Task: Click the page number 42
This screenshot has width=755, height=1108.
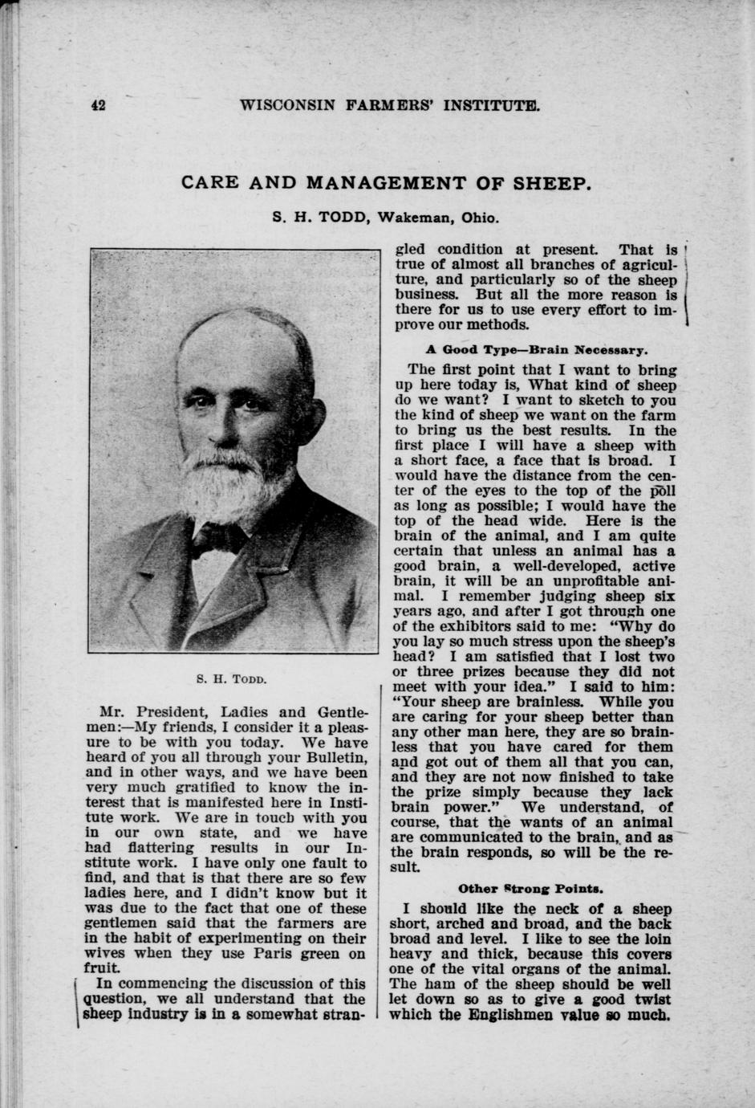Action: (x=99, y=105)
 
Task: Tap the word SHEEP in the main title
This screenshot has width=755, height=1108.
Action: (x=550, y=183)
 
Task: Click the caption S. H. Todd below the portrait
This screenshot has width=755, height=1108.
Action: (x=231, y=679)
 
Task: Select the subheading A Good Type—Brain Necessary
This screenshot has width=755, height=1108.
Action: (x=535, y=350)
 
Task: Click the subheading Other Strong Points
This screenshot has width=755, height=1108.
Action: (x=530, y=889)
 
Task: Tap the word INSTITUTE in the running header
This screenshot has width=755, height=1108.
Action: (x=481, y=105)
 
